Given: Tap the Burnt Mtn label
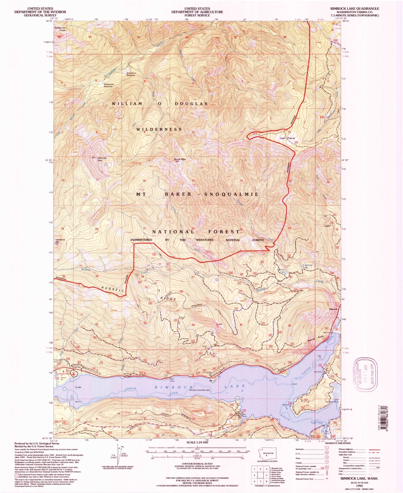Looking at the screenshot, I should [x=180, y=159].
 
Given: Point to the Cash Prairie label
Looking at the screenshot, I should [x=287, y=138].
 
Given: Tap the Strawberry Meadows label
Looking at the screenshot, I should [x=131, y=74].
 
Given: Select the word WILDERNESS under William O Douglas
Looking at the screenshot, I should [x=159, y=129].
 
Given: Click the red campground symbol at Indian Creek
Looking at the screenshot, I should [x=73, y=374].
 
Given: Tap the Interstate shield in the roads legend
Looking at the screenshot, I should [x=334, y=449].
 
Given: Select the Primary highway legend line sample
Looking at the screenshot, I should [x=374, y=449].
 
